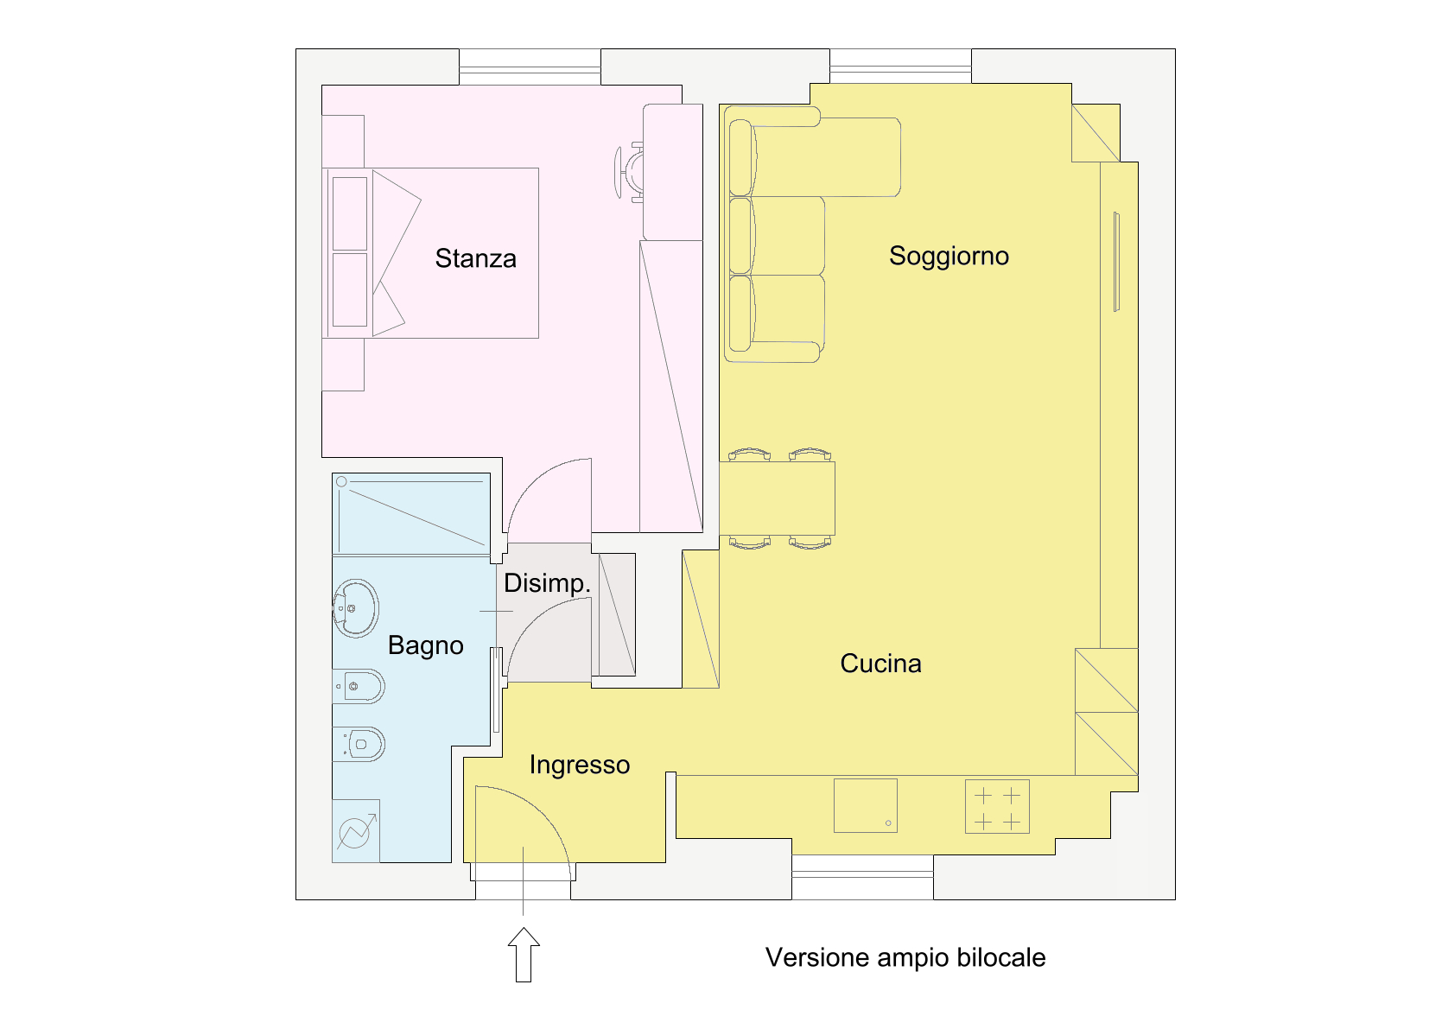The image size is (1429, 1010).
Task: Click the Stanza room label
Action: tap(475, 258)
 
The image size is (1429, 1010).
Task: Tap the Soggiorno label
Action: tap(949, 257)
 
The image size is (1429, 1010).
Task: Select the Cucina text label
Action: tap(880, 664)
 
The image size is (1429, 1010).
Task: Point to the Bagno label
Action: tap(426, 645)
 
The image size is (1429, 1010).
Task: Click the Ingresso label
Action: tap(579, 765)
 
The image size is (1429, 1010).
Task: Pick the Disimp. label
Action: tap(547, 583)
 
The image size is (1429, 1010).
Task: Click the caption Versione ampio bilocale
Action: tap(905, 957)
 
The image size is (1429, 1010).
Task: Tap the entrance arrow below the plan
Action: tap(524, 955)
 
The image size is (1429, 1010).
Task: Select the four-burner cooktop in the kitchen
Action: tap(997, 806)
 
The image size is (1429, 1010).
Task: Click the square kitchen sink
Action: tap(866, 805)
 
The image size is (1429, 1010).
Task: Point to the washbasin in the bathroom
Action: tap(355, 608)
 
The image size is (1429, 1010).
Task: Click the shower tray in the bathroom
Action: tap(411, 514)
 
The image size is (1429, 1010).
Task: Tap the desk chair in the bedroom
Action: tap(629, 172)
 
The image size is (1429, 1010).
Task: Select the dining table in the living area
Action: tap(777, 499)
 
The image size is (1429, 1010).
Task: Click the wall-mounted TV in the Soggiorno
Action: tap(1116, 262)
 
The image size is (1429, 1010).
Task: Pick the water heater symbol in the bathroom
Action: tap(356, 830)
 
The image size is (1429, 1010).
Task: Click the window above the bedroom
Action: tap(530, 67)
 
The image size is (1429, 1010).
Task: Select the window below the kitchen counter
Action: tap(862, 877)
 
